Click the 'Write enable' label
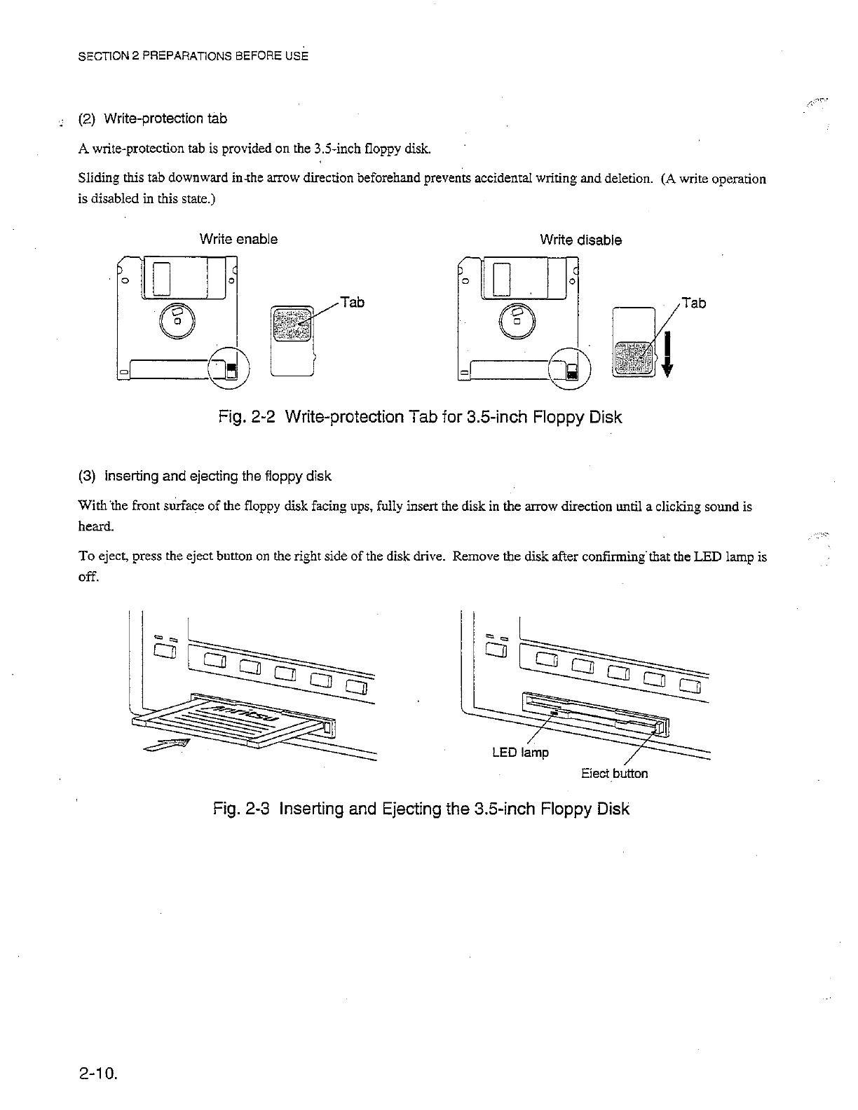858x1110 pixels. point(238,239)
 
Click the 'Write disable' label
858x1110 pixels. point(580,240)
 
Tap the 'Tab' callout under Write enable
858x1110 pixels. point(352,302)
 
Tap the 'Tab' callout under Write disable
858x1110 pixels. point(693,303)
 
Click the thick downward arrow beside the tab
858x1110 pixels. point(667,354)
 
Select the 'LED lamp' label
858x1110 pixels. point(520,753)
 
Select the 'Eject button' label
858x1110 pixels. point(614,774)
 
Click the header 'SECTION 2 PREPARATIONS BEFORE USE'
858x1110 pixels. point(192,55)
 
